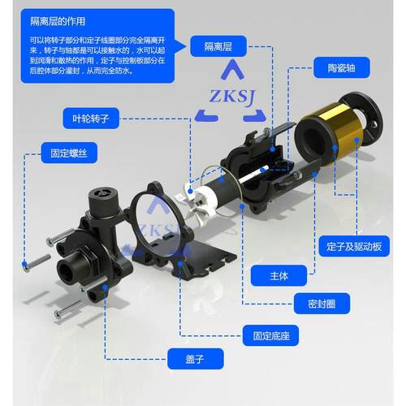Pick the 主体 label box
coord(279,276)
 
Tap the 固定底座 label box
coord(268,333)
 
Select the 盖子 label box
coord(194,356)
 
